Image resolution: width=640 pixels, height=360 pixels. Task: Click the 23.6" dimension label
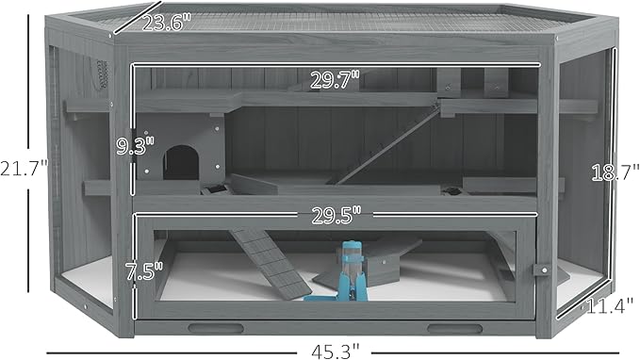167,22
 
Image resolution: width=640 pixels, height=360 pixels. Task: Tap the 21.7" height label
25,168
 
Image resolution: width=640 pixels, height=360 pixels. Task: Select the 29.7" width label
335,79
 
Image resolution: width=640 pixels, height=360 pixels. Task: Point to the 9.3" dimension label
135,146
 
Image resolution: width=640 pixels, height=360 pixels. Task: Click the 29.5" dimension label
336,215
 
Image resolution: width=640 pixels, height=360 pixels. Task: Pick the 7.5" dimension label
143,271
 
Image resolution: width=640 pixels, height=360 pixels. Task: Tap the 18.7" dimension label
615,172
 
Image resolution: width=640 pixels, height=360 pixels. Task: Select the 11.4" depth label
610,305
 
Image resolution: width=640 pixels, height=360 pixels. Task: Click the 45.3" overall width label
336,351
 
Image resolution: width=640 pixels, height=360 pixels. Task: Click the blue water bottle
353,270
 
